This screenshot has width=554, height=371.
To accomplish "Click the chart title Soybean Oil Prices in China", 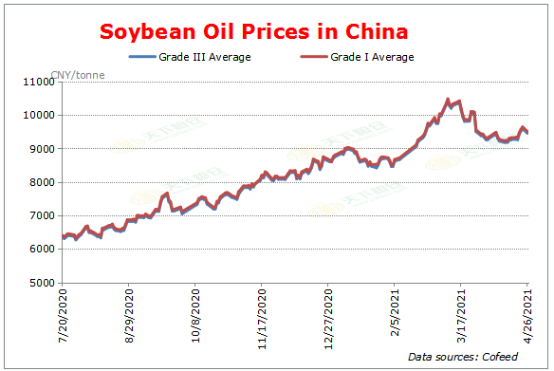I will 254,32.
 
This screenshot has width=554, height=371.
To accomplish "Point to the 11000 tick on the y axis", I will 38,83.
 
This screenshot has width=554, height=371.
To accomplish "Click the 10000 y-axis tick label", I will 38,116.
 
